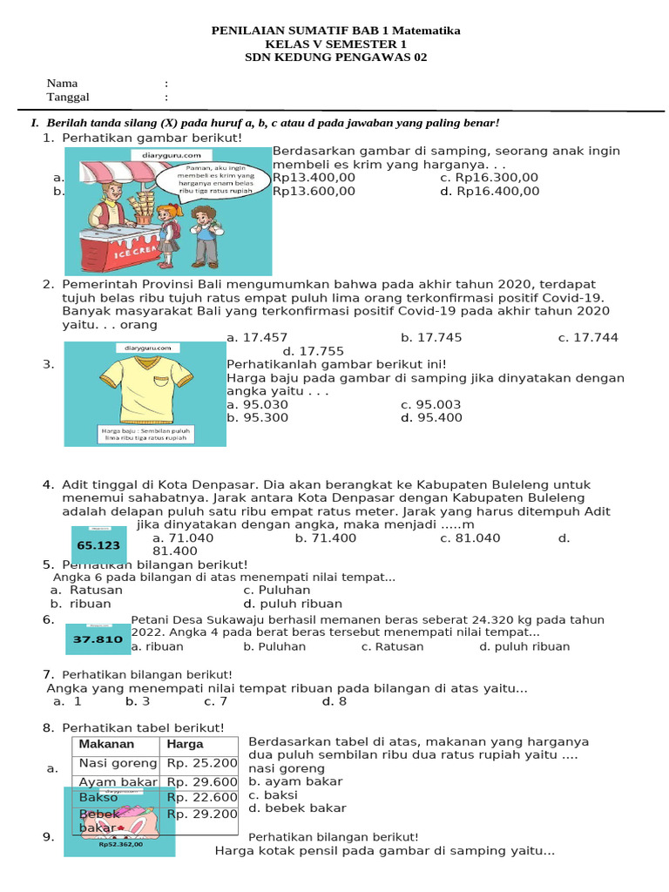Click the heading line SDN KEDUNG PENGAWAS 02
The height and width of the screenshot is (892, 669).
[336, 57]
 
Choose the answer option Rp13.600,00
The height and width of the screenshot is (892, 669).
[314, 192]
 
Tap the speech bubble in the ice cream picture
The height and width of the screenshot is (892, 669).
[212, 179]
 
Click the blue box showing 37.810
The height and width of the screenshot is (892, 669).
[98, 639]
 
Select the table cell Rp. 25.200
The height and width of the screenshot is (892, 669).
[201, 763]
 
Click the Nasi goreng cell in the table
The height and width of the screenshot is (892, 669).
[116, 763]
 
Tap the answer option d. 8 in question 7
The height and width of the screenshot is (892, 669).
[334, 701]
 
